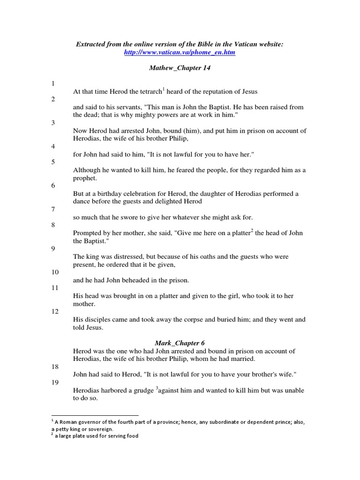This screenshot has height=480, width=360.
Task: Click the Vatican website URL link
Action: tap(180, 53)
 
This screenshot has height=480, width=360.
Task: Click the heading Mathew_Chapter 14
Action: tap(180, 68)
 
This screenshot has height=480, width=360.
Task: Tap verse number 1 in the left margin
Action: tap(53, 83)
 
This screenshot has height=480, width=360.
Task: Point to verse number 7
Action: tap(53, 209)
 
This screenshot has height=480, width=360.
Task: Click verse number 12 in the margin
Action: tap(54, 311)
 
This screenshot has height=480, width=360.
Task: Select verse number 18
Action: tap(54, 367)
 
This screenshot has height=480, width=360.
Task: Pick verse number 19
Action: tap(54, 382)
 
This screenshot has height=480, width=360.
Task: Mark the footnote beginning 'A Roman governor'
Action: tap(178, 425)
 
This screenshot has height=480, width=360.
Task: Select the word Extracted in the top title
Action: tap(90, 44)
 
